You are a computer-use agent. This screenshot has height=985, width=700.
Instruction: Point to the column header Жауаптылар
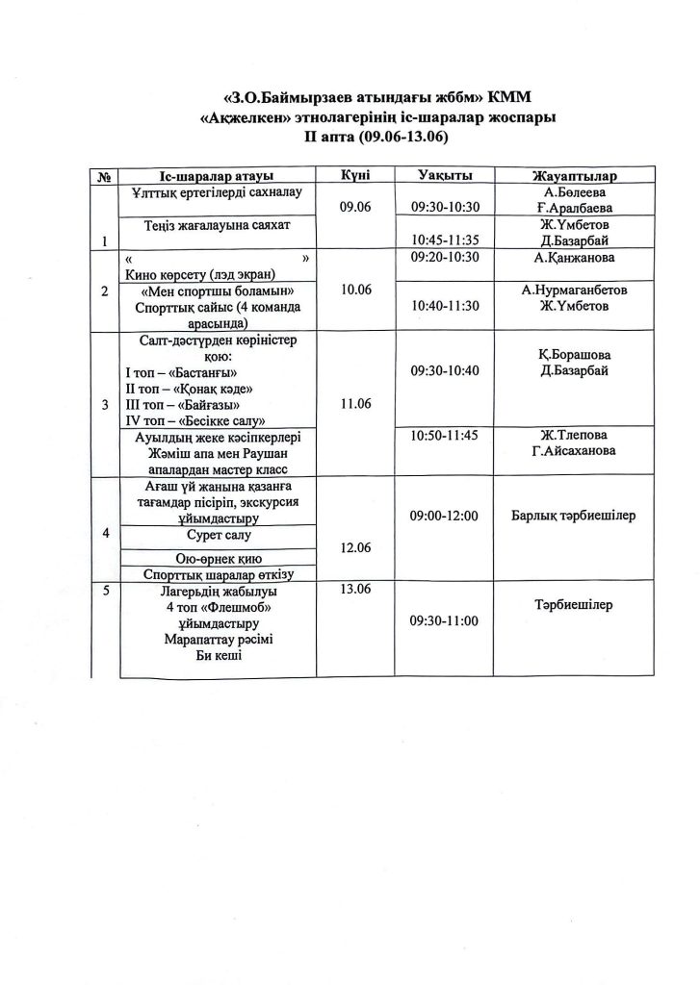[575, 176]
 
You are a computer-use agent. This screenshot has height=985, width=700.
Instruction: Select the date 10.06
[355, 288]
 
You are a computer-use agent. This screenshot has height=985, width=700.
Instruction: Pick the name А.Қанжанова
[575, 258]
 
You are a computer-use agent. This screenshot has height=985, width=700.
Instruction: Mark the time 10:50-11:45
[444, 436]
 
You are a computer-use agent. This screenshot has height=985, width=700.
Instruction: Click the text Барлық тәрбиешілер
[575, 518]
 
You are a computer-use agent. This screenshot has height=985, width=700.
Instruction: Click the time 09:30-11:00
[444, 620]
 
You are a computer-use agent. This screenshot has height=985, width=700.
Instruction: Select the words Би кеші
[217, 655]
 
